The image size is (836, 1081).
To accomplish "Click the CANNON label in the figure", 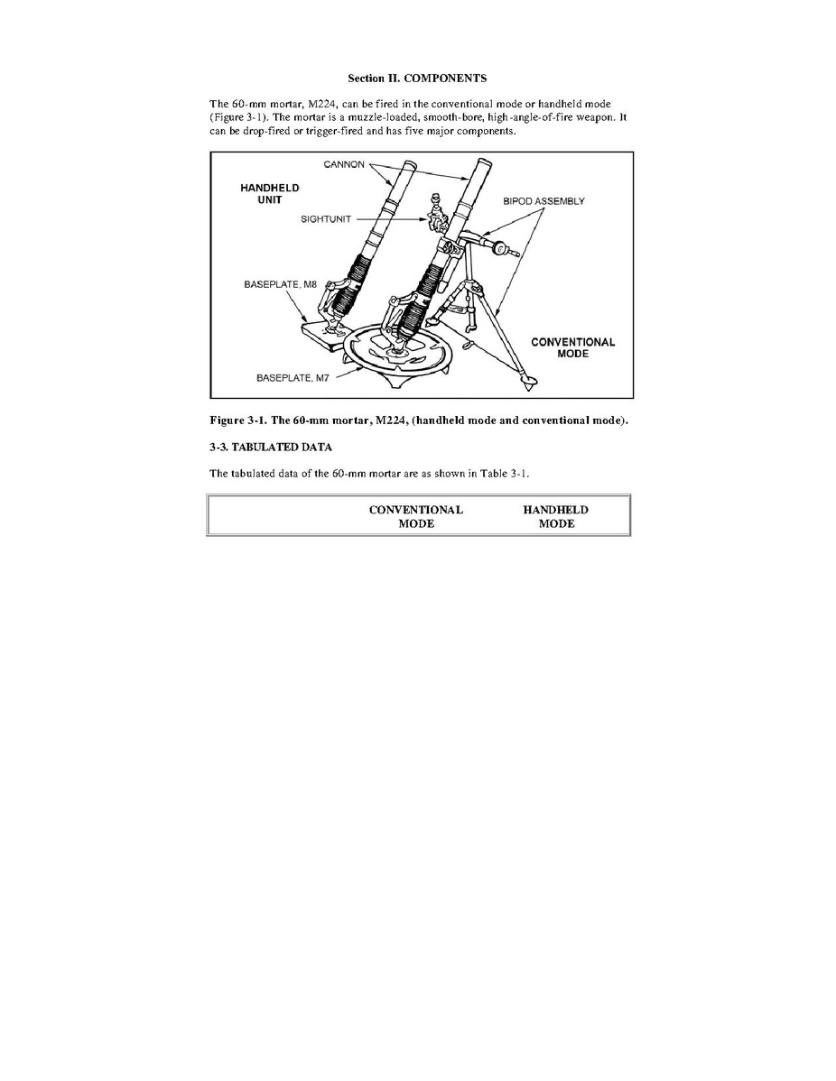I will tap(343, 163).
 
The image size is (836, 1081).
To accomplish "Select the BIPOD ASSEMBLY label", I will tap(543, 201).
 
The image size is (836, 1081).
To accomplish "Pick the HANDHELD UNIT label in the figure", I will tap(269, 193).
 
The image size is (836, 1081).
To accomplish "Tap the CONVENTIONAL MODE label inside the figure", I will tap(572, 347).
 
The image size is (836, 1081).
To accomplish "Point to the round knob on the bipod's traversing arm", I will tap(497, 246).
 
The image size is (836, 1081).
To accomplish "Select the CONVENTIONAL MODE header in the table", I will tap(416, 516).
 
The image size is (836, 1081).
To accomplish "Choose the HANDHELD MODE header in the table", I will tap(555, 516).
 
